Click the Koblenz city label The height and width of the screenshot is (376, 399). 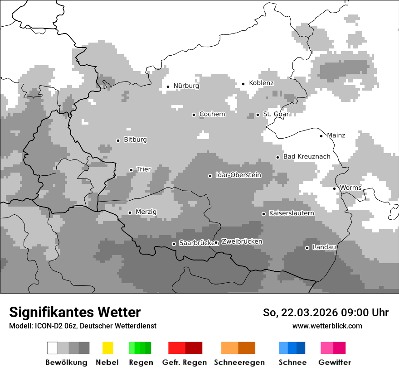(261, 83)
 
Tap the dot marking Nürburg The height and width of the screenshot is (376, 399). (168, 86)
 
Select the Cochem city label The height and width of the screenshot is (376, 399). (212, 114)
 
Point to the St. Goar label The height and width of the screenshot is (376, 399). (276, 114)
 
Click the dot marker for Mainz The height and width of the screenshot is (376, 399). (321, 135)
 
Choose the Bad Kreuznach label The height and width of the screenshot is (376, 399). (307, 157)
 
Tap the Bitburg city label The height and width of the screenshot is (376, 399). (135, 140)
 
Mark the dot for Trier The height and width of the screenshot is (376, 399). (131, 170)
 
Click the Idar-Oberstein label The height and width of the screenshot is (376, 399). (238, 175)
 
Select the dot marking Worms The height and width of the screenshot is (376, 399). (334, 188)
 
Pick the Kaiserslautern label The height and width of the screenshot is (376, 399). (291, 213)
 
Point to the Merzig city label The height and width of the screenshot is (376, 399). (146, 212)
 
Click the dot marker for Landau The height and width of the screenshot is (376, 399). (307, 248)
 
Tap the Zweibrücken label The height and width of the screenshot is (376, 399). (242, 241)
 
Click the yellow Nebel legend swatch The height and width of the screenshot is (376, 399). (107, 348)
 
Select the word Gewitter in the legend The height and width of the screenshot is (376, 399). (334, 362)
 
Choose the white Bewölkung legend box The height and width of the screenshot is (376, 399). (53, 348)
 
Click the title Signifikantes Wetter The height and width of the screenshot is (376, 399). (75, 312)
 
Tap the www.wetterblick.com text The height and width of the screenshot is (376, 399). (327, 326)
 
